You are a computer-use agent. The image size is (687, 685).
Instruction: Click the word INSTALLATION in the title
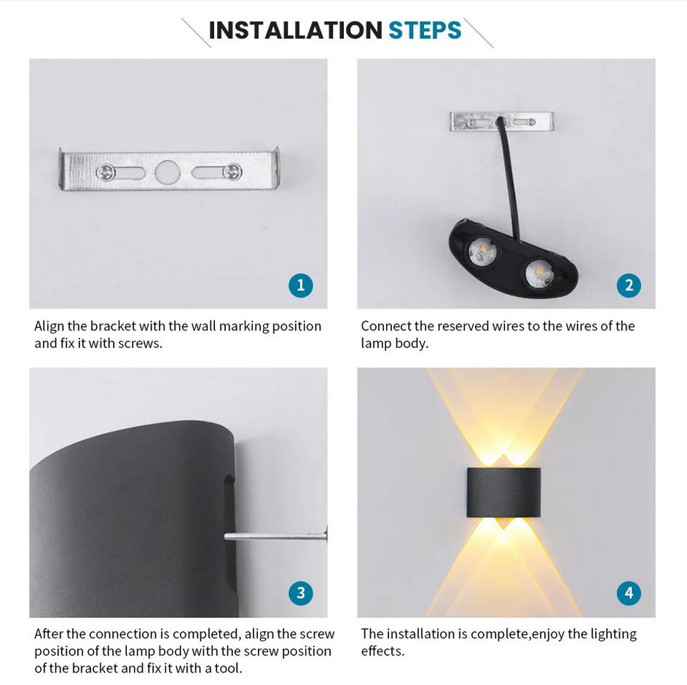pos(295,31)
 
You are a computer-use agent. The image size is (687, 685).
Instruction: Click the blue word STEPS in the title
pos(425,31)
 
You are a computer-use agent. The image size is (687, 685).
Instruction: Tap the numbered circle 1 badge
pos(300,285)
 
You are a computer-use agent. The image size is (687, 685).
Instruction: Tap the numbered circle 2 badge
pos(629,285)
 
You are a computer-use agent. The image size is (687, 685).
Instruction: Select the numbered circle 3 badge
pos(300,593)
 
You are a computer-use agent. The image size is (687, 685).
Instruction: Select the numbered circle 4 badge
pos(629,593)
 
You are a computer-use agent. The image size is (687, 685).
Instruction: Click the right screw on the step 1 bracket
pos(232,172)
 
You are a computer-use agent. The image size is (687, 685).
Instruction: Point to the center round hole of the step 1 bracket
pos(167,172)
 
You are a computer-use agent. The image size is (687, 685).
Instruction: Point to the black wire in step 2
pos(509,175)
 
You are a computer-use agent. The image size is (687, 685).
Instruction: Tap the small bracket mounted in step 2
pos(501,122)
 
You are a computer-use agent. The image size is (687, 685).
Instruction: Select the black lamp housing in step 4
pos(504,492)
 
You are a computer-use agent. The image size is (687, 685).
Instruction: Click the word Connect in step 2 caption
pos(385,326)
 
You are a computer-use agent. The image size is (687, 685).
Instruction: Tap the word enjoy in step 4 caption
pos(551,634)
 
